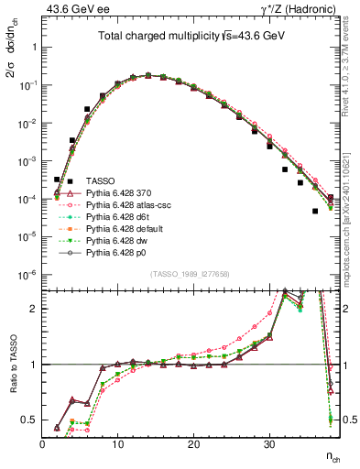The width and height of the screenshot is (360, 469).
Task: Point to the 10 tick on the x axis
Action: (x=117, y=443)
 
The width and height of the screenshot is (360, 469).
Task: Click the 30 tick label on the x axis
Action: (x=268, y=443)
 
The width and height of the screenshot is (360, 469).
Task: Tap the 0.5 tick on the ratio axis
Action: (x=31, y=420)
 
